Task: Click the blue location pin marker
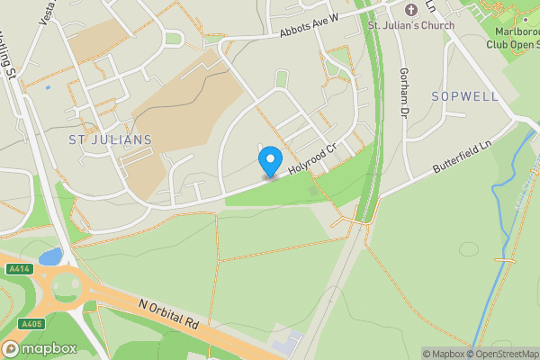[x=268, y=162]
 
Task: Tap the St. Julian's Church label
[x=410, y=24]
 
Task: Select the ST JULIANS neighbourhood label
[x=110, y=139]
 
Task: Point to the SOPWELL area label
[x=463, y=95]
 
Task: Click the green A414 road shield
[x=17, y=269]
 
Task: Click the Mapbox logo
[x=40, y=348]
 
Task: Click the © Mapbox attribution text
[x=446, y=354]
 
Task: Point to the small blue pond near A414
[x=50, y=256]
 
